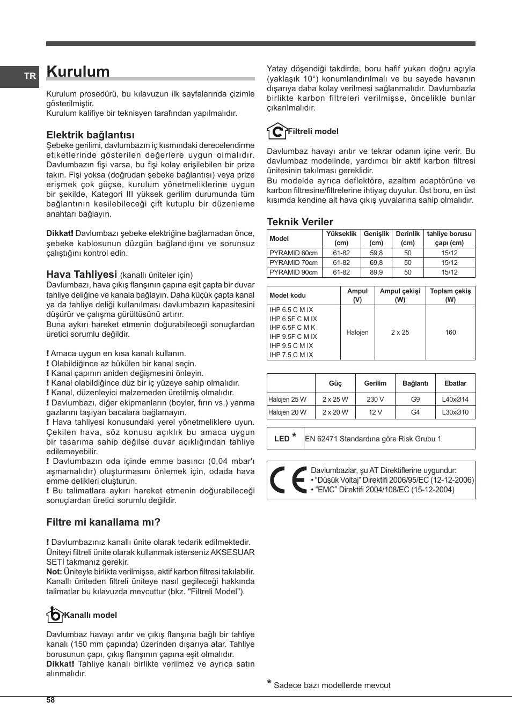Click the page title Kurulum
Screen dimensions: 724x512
click(x=78, y=71)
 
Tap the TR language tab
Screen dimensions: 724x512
click(x=30, y=76)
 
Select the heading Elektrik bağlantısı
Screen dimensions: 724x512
click(x=90, y=135)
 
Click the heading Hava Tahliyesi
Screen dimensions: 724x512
click(x=82, y=274)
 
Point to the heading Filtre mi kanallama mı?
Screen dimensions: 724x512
click(x=103, y=522)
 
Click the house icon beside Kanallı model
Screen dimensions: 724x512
click(x=54, y=614)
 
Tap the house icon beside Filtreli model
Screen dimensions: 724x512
click(x=276, y=131)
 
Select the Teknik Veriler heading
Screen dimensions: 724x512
click(x=300, y=221)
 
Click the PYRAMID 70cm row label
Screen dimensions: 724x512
click(x=294, y=263)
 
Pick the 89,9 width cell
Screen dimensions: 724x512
click(x=376, y=272)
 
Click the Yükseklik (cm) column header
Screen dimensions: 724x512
click(x=341, y=238)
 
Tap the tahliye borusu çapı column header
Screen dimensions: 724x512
click(x=449, y=238)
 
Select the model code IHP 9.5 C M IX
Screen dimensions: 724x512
click(x=291, y=346)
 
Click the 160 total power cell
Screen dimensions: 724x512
click(x=450, y=333)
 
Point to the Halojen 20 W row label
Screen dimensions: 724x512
click(x=287, y=412)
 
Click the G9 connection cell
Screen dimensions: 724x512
click(x=415, y=400)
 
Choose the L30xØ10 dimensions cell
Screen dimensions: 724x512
click(x=455, y=412)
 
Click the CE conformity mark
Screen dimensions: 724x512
click(x=288, y=480)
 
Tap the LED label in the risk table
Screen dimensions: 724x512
click(x=282, y=439)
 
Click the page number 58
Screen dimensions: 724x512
click(x=50, y=700)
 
